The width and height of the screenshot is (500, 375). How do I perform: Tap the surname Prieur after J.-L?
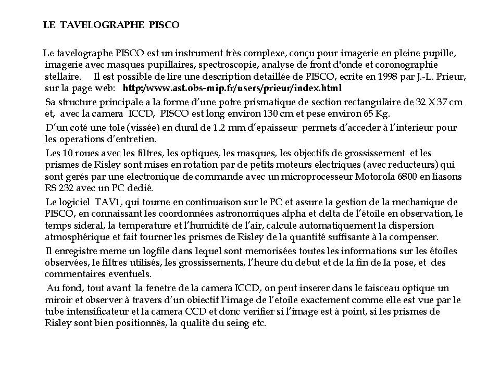[452, 77]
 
